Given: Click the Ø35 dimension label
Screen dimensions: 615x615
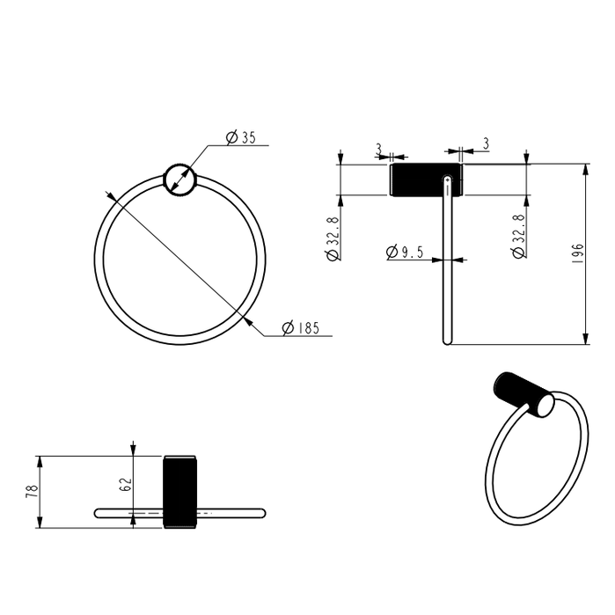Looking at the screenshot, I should (x=240, y=137).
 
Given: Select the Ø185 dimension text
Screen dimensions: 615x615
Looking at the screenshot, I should (x=300, y=328).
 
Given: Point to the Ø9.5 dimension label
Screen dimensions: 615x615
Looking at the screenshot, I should (x=405, y=253).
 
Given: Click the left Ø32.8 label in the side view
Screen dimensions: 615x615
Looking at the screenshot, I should (x=332, y=238).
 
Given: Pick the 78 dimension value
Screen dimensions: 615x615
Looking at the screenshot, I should (x=32, y=492).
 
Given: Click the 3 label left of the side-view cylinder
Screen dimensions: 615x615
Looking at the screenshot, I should (x=378, y=148).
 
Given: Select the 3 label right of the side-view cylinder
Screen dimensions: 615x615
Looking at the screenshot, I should (x=485, y=143).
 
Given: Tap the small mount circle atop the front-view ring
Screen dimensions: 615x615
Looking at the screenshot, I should (x=180, y=179).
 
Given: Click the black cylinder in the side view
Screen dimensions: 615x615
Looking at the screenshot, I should (x=422, y=179).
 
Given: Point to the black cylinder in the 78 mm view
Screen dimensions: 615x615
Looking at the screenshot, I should (x=179, y=491).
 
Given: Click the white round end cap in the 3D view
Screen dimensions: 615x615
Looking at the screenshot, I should (x=545, y=406).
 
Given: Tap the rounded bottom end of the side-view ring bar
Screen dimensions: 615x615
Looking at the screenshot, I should (x=446, y=340).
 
